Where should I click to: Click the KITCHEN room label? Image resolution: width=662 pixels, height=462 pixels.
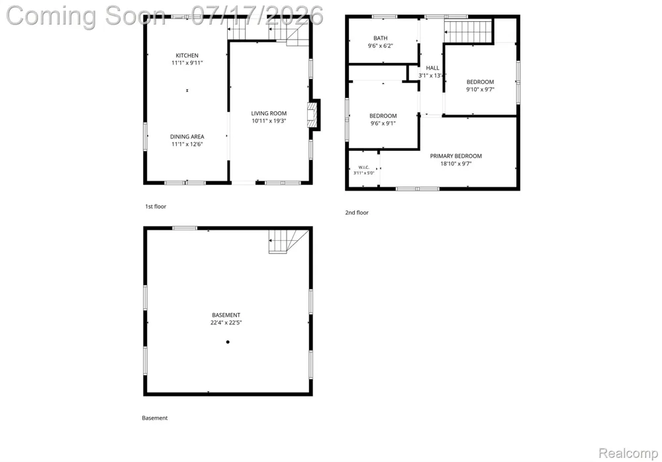(187, 56)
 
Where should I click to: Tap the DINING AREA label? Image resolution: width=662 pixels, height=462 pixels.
(187, 136)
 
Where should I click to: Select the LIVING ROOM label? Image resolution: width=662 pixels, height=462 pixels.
(269, 113)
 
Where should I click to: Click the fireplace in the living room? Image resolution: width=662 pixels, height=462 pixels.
(314, 115)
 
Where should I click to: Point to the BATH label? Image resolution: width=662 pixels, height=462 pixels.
(381, 38)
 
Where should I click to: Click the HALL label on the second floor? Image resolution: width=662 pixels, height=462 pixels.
(432, 68)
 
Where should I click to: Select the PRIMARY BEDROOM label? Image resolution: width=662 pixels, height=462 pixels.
(456, 156)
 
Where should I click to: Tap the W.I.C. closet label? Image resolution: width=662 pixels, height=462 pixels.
(364, 167)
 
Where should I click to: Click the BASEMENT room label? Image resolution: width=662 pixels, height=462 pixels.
(226, 315)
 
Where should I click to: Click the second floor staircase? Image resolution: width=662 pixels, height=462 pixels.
(469, 32)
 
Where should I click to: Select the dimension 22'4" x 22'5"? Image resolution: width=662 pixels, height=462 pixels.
(226, 322)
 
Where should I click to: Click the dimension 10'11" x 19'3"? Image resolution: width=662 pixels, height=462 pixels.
(269, 120)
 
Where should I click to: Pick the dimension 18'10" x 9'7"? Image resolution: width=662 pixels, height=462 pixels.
(456, 163)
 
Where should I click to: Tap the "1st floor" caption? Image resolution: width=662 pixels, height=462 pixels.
(156, 207)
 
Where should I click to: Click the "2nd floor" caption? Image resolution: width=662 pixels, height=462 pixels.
(357, 212)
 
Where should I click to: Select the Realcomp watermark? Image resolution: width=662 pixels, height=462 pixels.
(628, 453)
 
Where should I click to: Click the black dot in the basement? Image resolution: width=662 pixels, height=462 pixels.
(228, 342)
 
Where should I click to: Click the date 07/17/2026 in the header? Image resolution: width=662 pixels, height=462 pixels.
(257, 16)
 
